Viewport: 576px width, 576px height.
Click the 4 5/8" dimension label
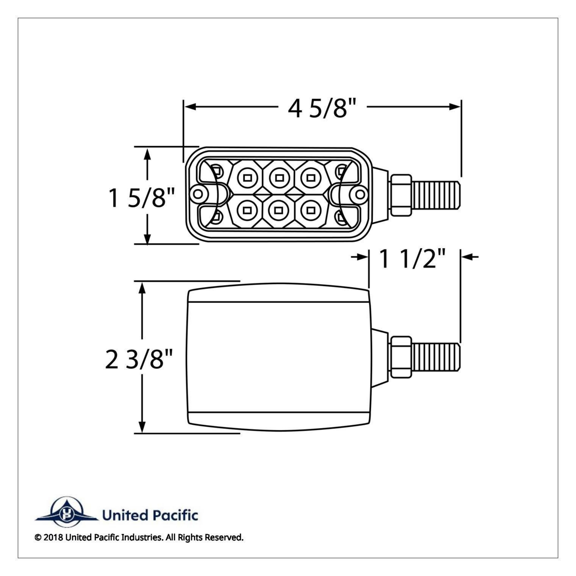[324, 109]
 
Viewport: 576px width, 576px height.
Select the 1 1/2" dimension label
[414, 259]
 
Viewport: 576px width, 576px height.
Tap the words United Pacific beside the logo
[149, 516]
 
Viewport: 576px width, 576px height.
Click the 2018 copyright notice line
[139, 538]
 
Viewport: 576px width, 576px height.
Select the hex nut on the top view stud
[401, 195]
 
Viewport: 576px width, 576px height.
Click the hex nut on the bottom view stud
[401, 357]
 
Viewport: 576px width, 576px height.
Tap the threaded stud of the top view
[437, 195]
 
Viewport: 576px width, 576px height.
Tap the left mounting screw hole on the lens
[196, 194]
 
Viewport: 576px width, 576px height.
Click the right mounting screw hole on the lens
[358, 194]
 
